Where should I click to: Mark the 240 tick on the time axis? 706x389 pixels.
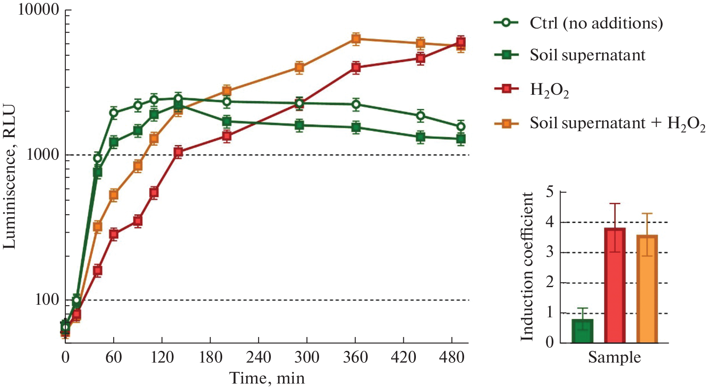tap(259, 357)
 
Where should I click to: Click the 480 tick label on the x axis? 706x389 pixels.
tap(452, 357)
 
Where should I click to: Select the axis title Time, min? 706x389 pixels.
tap(267, 378)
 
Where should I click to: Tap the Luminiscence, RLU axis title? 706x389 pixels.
tap(9, 176)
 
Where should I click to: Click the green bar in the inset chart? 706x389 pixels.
tap(582, 331)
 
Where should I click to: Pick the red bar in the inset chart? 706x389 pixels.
tap(615, 285)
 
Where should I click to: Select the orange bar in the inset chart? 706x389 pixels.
tap(647, 289)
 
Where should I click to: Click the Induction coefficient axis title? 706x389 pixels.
tap(527, 267)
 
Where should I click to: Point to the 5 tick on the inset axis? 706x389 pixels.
tap(550, 192)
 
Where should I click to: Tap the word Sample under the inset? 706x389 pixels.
tap(614, 358)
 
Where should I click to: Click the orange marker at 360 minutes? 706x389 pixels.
tap(356, 39)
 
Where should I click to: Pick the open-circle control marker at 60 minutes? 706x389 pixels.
tap(114, 112)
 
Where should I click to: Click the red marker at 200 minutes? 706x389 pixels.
tap(227, 136)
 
